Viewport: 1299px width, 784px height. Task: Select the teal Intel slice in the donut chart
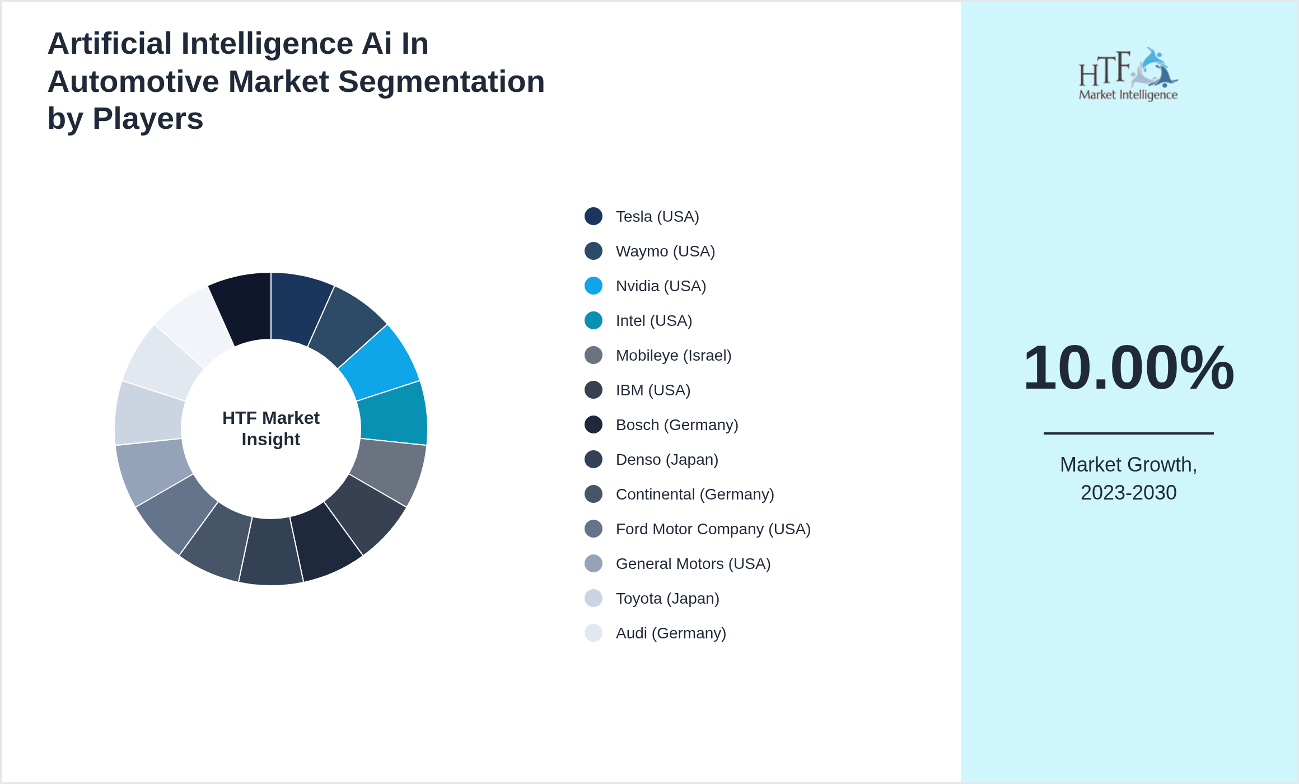[393, 414]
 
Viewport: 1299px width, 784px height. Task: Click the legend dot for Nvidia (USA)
[594, 286]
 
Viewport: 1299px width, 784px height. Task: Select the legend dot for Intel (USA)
[594, 320]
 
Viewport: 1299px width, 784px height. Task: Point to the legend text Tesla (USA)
[657, 216]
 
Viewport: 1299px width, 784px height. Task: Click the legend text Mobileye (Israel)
[674, 355]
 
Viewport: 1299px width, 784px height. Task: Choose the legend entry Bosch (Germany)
[677, 424]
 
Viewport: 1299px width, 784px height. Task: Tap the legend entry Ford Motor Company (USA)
[713, 529]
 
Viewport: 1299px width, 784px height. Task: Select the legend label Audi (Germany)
[671, 633]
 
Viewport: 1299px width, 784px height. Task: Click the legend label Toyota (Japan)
[667, 598]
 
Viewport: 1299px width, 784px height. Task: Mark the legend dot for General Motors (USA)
[594, 563]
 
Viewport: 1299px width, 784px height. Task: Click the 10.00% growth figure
[1128, 368]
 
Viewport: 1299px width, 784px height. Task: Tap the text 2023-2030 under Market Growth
[1128, 493]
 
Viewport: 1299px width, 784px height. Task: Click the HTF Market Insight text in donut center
[271, 428]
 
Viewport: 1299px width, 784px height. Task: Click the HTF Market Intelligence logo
[1128, 74]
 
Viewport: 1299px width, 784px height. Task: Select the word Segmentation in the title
[441, 82]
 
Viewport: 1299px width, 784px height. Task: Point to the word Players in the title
[148, 119]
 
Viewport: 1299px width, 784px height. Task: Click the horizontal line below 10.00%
[1128, 433]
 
